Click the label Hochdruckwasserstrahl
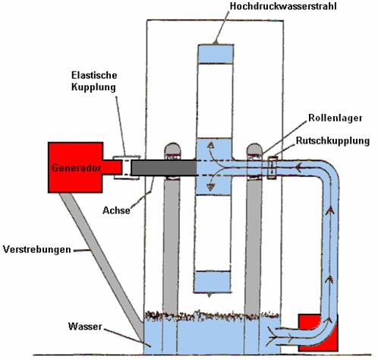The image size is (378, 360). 283,6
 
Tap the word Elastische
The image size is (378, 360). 94,75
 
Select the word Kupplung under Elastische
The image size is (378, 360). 93,87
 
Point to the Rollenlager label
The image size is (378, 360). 335,118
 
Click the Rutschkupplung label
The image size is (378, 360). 332,141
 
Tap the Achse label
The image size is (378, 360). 116,210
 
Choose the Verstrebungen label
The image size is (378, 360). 37,249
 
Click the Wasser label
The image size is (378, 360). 85,327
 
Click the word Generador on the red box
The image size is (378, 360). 77,168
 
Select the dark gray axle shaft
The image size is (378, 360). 164,168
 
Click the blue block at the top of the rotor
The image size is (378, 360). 216,54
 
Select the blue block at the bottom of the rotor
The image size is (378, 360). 213,282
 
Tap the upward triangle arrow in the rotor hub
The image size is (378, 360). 210,146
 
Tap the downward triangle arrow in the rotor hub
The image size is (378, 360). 210,188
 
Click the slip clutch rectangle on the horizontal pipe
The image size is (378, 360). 272,168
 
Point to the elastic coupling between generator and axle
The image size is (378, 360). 127,168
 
